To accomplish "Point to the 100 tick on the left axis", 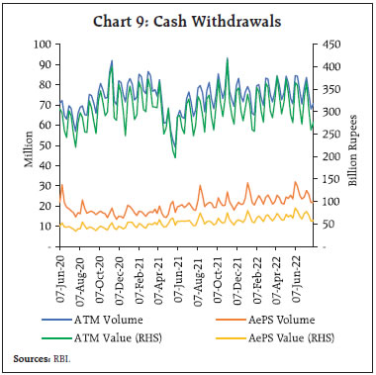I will coord(44,45).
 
